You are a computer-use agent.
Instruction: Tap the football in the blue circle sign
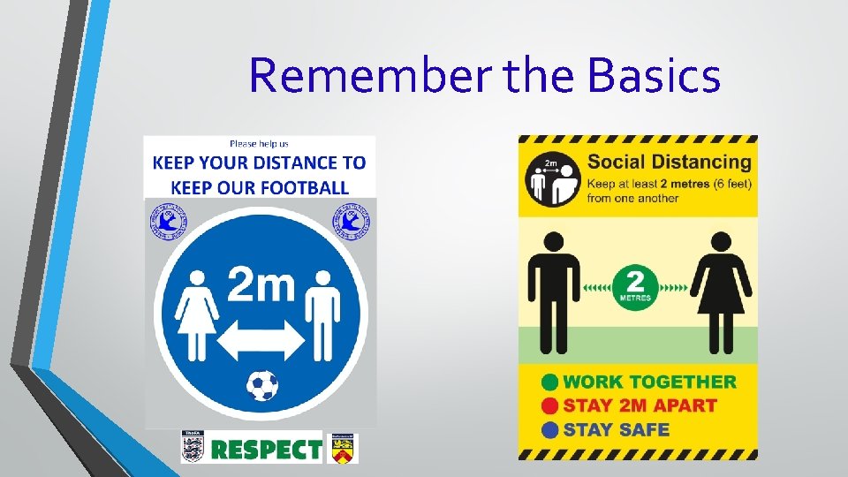pyautogui.click(x=261, y=385)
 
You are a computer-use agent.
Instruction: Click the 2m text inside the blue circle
pyautogui.click(x=261, y=284)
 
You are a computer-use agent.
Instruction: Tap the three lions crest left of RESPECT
pyautogui.click(x=193, y=447)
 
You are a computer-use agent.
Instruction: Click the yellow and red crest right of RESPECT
pyautogui.click(x=342, y=448)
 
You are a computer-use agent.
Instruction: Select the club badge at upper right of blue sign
pyautogui.click(x=347, y=221)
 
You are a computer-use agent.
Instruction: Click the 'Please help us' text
pyautogui.click(x=259, y=143)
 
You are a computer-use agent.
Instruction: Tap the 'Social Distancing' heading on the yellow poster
pyautogui.click(x=669, y=162)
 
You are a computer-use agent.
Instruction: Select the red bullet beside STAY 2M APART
pyautogui.click(x=549, y=406)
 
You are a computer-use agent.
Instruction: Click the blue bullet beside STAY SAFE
pyautogui.click(x=549, y=430)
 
